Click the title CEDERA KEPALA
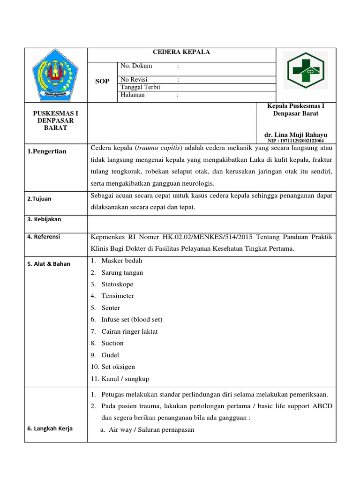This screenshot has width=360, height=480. point(182,52)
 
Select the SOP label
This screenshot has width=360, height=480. point(102,81)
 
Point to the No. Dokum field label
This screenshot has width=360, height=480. point(136,66)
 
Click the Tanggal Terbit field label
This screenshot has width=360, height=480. point(141,87)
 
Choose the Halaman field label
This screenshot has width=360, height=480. point(133,95)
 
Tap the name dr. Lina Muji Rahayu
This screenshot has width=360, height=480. point(296,135)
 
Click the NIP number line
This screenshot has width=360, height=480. point(295,141)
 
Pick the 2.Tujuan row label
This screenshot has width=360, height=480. point(39,199)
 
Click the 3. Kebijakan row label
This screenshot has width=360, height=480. point(44,219)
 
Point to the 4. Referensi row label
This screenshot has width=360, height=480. point(44,237)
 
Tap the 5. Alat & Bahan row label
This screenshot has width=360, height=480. point(49,263)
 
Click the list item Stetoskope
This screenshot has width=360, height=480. point(117,284)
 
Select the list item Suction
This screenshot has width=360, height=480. point(112,343)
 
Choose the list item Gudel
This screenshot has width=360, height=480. point(110,355)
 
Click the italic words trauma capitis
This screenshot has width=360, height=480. point(159,149)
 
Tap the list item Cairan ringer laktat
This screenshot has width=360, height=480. point(129,331)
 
